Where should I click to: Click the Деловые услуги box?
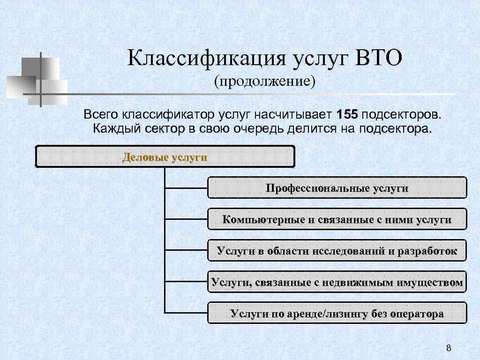pos(165,157)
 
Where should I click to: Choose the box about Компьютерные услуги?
pos(337,219)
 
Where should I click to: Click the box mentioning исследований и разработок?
pos(337,250)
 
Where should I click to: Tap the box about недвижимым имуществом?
pos(337,282)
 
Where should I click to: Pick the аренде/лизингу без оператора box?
pos(337,313)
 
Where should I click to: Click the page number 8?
pos(449,347)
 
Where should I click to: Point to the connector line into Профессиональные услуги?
pos(186,187)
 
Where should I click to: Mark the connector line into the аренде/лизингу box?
pos(186,313)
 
